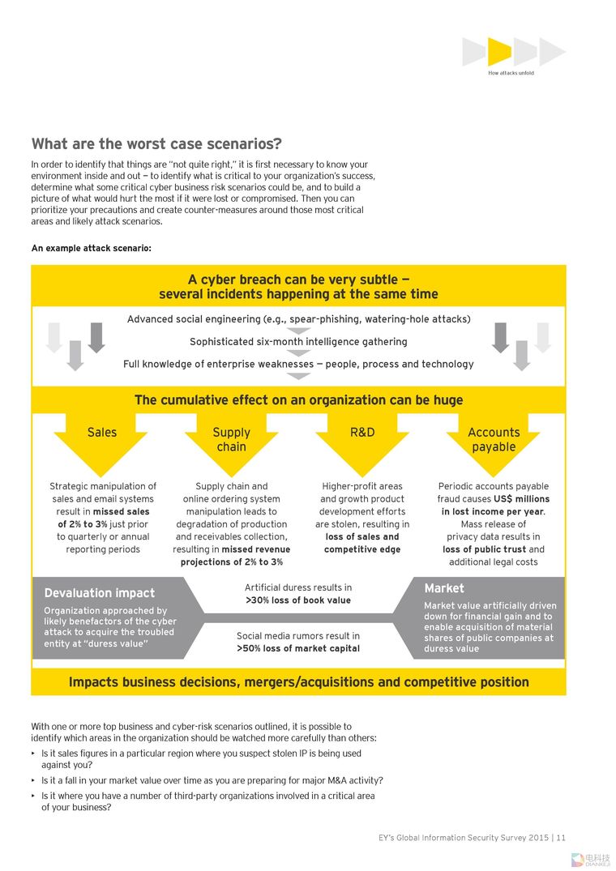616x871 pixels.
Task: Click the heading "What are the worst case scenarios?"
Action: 156,144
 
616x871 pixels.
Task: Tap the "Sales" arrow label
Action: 102,433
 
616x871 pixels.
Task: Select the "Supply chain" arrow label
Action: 232,439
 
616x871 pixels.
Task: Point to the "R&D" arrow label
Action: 362,433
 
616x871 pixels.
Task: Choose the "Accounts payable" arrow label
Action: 494,439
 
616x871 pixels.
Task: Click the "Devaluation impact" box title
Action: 100,593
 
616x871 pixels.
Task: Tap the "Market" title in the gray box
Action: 444,588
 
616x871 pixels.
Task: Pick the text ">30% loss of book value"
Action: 298,600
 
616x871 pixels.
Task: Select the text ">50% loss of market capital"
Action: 298,648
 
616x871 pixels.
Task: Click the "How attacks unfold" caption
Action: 511,73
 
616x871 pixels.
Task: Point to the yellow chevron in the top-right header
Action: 499,52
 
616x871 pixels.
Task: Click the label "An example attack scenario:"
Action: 92,248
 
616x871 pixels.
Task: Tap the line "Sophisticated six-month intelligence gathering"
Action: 298,342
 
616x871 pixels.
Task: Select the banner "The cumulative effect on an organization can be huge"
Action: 298,400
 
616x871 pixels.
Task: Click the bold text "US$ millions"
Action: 521,499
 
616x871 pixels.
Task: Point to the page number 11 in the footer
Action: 561,838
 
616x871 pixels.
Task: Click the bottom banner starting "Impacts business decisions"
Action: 298,682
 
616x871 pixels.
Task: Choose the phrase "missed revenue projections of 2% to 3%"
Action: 232,556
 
